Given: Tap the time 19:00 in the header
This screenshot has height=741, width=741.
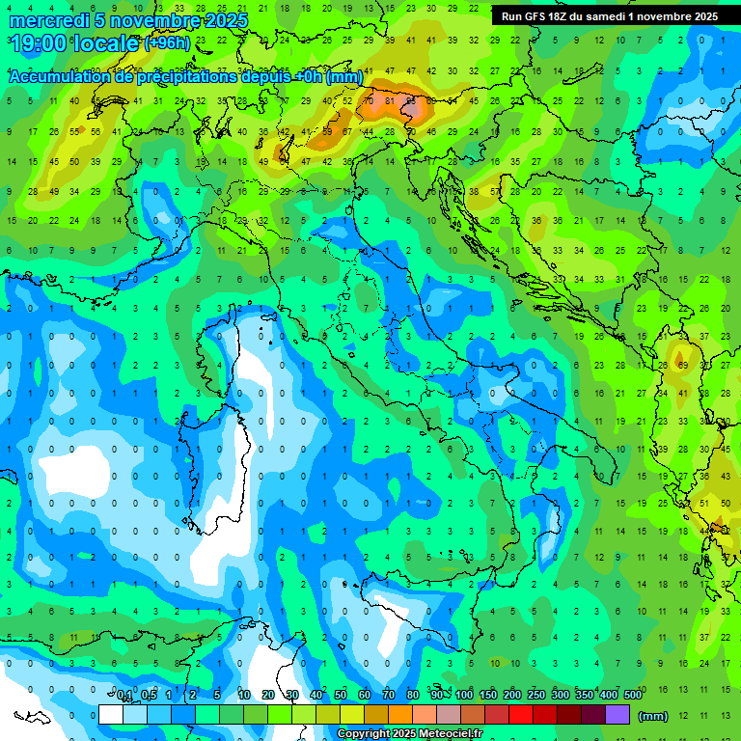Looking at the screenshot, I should click(41, 42).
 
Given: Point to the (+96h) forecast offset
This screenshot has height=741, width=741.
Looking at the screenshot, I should click(167, 43).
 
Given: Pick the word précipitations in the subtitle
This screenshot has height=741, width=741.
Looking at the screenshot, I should click(180, 77).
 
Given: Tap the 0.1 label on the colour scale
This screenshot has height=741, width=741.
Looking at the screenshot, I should click(124, 696).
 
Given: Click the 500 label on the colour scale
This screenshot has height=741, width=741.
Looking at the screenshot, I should click(633, 696).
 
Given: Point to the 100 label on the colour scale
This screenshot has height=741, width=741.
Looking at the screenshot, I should click(464, 696).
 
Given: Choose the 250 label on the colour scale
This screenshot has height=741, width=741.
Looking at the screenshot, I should click(536, 696).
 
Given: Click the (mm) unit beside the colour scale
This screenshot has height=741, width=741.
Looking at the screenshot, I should click(653, 716).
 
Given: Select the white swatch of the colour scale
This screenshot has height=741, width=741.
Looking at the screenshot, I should click(111, 715).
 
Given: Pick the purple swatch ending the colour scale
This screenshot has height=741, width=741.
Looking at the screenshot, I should click(617, 715).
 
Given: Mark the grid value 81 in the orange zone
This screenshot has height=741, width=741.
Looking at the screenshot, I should click(391, 100).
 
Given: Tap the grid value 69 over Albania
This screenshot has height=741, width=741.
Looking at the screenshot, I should click(682, 366).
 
